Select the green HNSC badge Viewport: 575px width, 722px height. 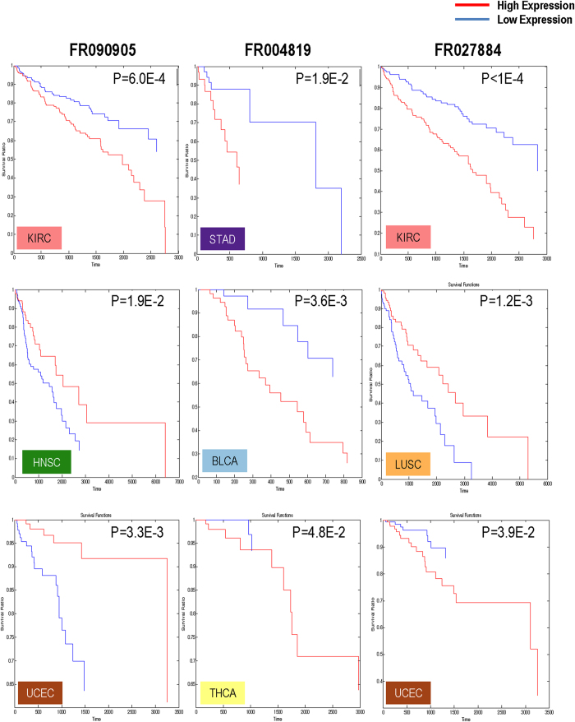tap(47, 463)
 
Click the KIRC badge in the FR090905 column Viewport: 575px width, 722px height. tap(39, 237)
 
